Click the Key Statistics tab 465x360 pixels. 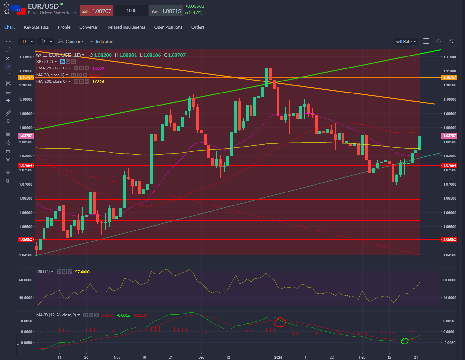[x=36, y=27]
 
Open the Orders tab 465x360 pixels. [x=198, y=27]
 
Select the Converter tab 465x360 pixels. [x=89, y=27]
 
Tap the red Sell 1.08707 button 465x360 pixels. [x=97, y=11]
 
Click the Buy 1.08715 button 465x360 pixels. [x=166, y=11]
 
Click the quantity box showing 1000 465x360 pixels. [x=131, y=11]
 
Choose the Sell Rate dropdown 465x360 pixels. [x=405, y=42]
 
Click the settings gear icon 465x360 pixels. [x=439, y=41]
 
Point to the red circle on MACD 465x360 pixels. [x=279, y=322]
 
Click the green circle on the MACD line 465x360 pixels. [x=405, y=341]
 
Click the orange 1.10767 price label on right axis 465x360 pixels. [x=449, y=77]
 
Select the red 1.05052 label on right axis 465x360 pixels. [x=449, y=239]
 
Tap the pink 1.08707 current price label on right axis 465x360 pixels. [x=449, y=136]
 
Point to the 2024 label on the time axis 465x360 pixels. [x=278, y=357]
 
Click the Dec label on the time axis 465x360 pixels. [x=201, y=357]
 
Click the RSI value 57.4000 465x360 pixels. [x=82, y=272]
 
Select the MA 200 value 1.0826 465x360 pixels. [x=98, y=82]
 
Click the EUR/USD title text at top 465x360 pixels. [x=43, y=6]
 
